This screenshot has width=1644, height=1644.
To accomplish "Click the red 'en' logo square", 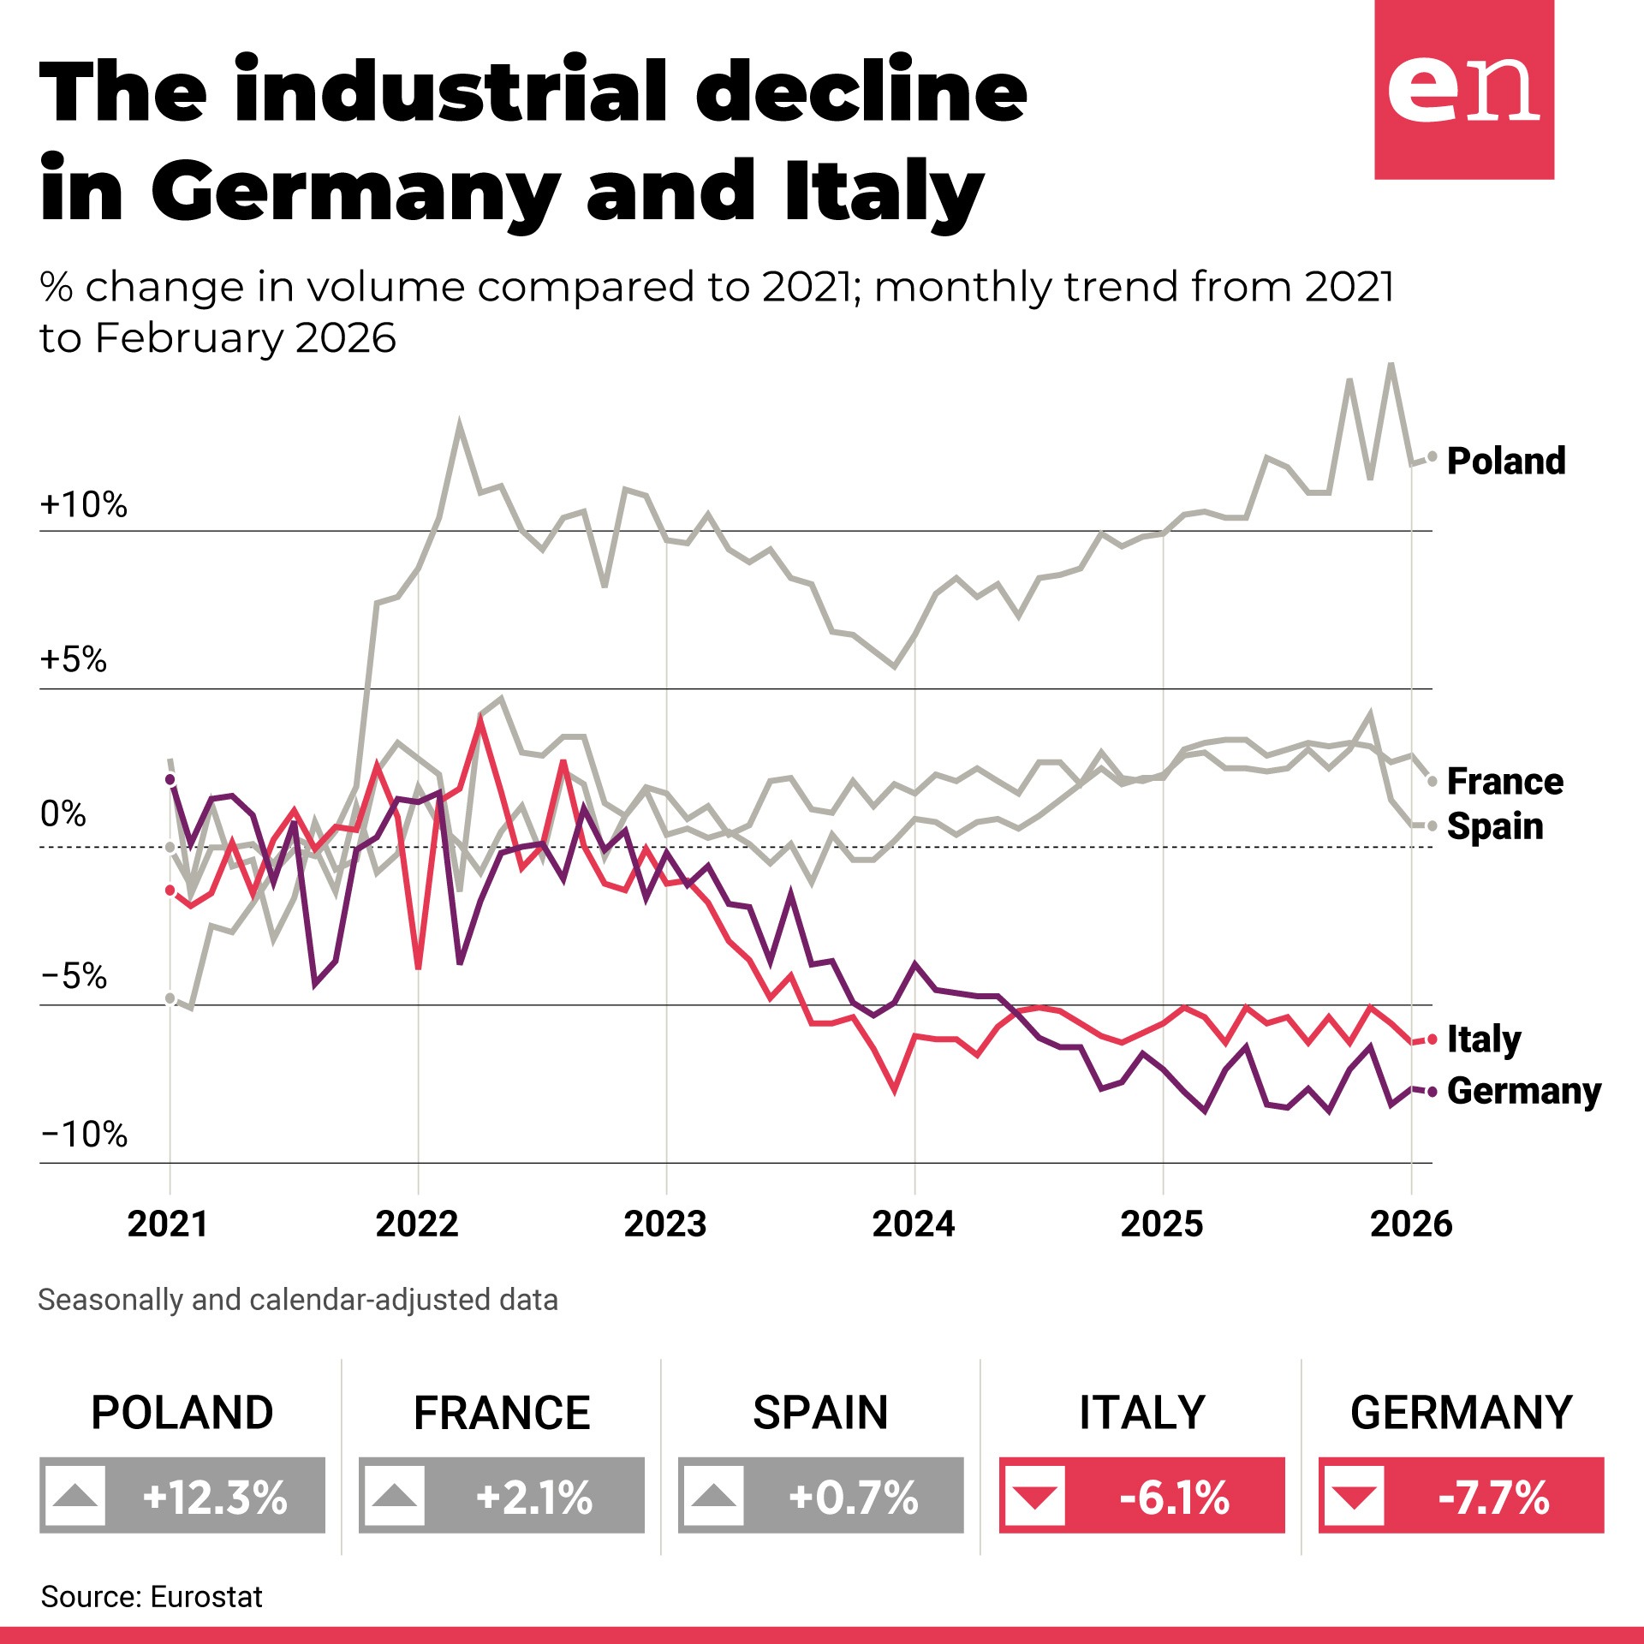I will click(1463, 89).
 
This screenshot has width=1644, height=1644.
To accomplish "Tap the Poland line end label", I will click(1505, 461).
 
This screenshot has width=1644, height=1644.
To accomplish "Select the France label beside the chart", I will click(1504, 781).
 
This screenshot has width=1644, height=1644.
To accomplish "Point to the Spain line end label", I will click(1494, 826).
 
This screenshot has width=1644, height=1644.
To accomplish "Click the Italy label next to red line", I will click(1483, 1039).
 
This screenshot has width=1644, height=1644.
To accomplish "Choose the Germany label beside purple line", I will click(1523, 1091).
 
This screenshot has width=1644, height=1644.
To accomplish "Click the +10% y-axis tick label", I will click(83, 504).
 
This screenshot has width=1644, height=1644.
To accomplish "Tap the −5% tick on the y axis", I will click(74, 975).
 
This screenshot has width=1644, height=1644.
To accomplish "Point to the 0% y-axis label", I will click(63, 813).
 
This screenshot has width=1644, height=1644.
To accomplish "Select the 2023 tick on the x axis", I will click(665, 1224).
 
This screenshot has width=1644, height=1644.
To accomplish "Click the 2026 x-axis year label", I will click(1411, 1224).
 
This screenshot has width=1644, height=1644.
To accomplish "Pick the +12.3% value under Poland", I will click(215, 1498).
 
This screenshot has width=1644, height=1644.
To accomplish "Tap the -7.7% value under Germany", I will click(1493, 1498).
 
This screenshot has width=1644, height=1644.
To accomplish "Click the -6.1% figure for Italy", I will click(1174, 1498).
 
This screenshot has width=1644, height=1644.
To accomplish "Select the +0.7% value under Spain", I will click(853, 1498).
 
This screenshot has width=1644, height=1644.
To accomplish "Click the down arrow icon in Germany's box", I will click(1354, 1497).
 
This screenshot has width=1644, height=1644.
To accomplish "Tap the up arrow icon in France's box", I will click(395, 1497).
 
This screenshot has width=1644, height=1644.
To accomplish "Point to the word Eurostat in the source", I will click(206, 1597).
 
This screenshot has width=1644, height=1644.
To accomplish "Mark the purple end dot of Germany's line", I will click(1432, 1092).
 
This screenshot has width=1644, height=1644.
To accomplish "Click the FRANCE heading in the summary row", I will click(502, 1413).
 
